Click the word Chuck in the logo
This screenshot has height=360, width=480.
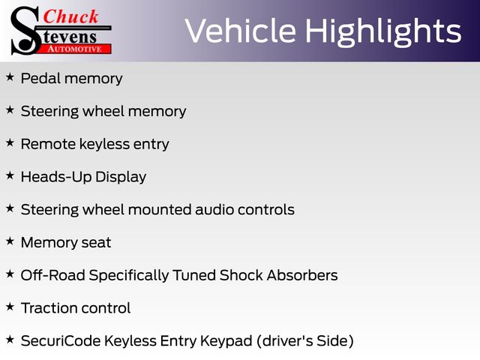[70, 16]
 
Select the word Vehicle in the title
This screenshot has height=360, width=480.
[241, 31]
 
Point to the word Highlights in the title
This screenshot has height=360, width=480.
[383, 32]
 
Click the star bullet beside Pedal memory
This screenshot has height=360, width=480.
[10, 76]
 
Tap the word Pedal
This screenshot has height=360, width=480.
[40, 78]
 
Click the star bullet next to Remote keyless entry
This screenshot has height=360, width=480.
[10, 142]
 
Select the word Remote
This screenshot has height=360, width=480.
[48, 144]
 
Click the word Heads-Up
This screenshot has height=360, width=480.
[56, 177]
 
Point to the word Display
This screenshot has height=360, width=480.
[121, 177]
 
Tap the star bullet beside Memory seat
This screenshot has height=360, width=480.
[10, 241]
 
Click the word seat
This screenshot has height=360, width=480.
[96, 243]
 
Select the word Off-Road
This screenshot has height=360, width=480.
[53, 275]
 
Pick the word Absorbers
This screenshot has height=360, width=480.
[302, 275]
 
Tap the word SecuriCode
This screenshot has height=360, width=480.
[61, 340]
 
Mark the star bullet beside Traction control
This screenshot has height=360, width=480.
[10, 307]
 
